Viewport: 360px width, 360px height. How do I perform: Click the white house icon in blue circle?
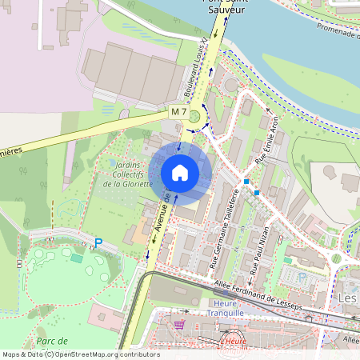[180, 173]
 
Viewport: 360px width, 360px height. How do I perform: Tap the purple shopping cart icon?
[179, 325]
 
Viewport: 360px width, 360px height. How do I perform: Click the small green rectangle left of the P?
[76, 258]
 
